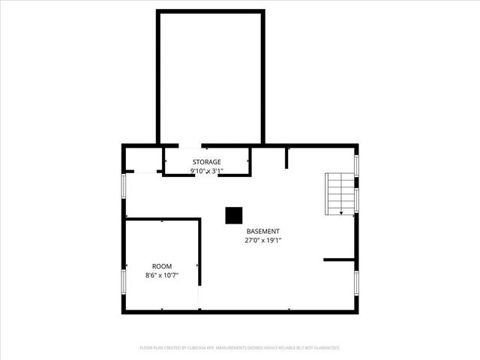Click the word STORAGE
point(206,162)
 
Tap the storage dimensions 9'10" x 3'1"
point(206,171)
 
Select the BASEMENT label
point(262,232)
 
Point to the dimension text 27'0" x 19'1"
point(262,241)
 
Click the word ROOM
point(162,266)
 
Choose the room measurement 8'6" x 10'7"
point(162,275)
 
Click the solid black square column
point(234,215)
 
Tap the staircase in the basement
point(339,193)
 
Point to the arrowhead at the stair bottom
point(342,213)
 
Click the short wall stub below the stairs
point(338,260)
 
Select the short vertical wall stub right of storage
point(286,157)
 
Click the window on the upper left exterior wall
point(124,186)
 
